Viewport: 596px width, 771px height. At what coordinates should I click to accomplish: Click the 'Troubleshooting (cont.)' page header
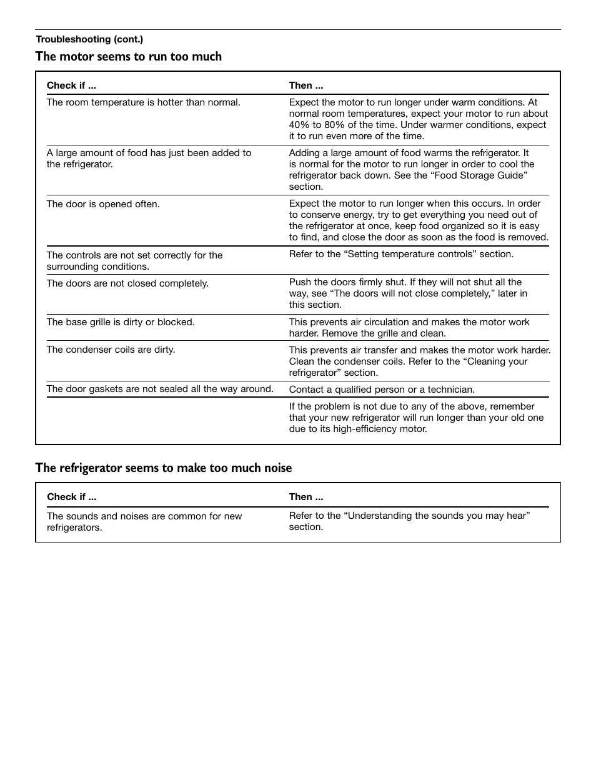coord(89,39)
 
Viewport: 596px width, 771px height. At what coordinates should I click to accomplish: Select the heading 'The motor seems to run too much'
coord(128,57)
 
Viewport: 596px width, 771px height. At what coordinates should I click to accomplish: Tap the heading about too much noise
coord(163,468)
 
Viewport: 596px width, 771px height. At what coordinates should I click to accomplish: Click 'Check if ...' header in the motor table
coord(71,86)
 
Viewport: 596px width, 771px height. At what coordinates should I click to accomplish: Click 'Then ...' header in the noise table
coord(305,497)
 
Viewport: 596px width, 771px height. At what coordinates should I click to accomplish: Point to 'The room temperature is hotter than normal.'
coord(143,102)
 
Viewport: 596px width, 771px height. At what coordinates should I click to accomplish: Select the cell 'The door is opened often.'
coord(103,204)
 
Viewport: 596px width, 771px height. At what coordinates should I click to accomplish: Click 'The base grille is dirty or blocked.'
coord(121,322)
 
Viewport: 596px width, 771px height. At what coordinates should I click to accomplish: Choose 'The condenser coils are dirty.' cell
coord(111,350)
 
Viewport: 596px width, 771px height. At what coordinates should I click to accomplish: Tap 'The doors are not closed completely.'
coord(127,283)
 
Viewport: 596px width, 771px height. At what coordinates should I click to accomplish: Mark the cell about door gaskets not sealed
coord(160,389)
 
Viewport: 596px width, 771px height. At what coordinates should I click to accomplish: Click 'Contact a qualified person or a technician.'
coord(382,390)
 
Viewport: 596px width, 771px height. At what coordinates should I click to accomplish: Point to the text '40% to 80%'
coord(314,125)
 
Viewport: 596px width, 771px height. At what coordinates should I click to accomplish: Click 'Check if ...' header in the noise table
coord(71,497)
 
